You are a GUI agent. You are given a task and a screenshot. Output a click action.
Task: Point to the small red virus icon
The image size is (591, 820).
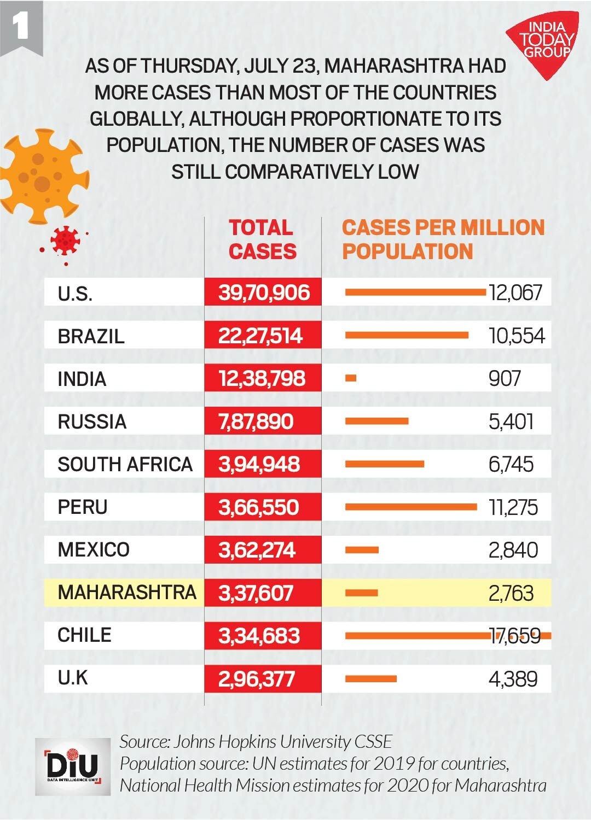(x=65, y=241)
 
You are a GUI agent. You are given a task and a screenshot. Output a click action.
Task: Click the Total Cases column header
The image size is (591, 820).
(x=262, y=239)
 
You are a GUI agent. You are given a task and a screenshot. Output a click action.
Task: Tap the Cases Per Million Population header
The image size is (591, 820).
(x=443, y=239)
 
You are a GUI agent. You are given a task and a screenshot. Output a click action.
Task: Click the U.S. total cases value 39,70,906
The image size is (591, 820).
(x=264, y=292)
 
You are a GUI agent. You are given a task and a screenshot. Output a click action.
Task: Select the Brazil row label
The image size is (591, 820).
(x=91, y=336)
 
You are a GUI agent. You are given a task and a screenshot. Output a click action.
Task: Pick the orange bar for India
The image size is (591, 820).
(x=351, y=378)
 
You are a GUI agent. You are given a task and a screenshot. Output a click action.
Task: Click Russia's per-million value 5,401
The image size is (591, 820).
(x=511, y=421)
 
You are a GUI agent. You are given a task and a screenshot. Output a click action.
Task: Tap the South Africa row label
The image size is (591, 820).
(x=125, y=464)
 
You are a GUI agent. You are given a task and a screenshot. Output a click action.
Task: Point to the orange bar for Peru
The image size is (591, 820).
(x=410, y=507)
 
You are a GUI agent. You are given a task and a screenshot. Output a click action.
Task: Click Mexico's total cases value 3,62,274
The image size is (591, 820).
(x=257, y=550)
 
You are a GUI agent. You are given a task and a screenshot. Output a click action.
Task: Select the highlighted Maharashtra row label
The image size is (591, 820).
(x=126, y=593)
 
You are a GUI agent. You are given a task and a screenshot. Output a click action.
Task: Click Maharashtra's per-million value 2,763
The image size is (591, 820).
(x=511, y=593)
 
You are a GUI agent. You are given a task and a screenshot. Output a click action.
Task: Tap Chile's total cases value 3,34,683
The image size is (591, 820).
(x=259, y=636)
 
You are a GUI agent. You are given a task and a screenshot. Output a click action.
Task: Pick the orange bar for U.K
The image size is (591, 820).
(x=370, y=679)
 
